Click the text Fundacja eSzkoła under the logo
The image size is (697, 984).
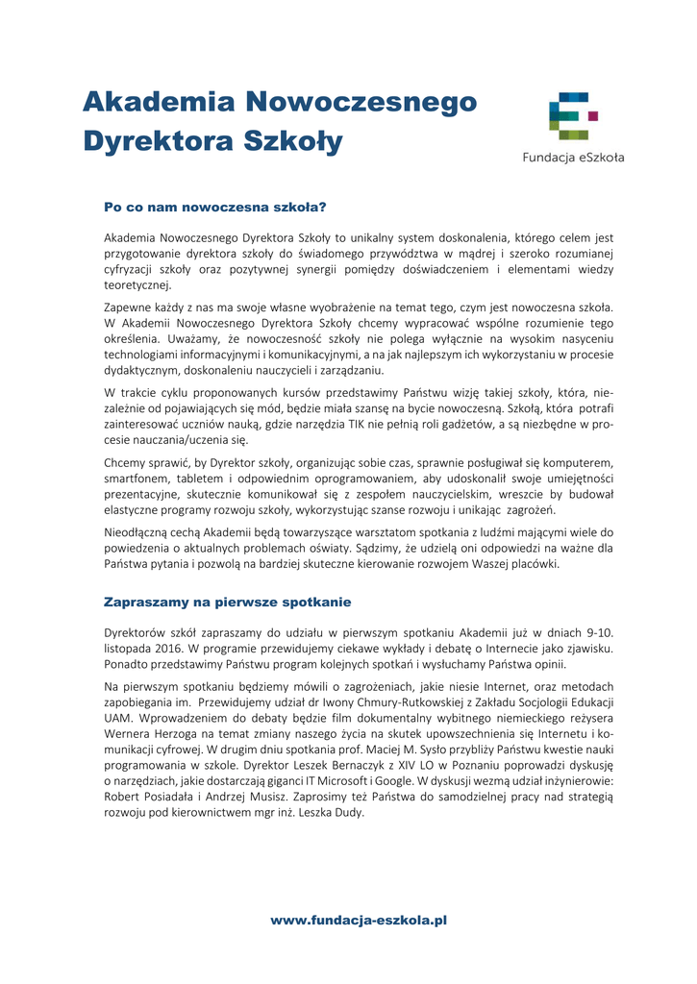tap(573, 158)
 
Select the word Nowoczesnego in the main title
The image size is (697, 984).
tap(361, 101)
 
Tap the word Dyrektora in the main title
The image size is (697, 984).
tap(156, 141)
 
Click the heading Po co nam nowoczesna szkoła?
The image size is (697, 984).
tap(215, 207)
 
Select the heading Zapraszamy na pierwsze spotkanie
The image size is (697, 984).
tap(227, 603)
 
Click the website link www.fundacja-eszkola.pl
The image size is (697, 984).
tap(359, 920)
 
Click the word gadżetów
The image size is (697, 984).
tap(456, 424)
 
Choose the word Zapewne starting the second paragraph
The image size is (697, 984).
tap(130, 307)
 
